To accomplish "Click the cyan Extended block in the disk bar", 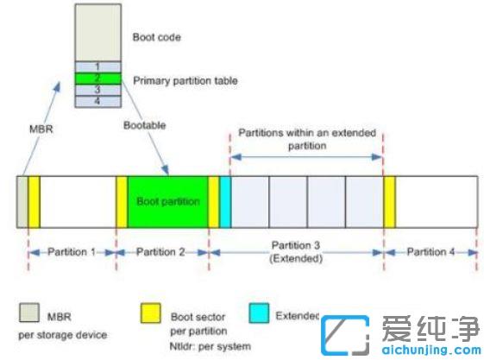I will pyautogui.click(x=224, y=202).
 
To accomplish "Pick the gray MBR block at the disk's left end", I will pyautogui.click(x=22, y=202).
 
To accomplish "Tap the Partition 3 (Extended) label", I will pyautogui.click(x=295, y=251).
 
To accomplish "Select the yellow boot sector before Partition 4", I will pyautogui.click(x=389, y=202).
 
